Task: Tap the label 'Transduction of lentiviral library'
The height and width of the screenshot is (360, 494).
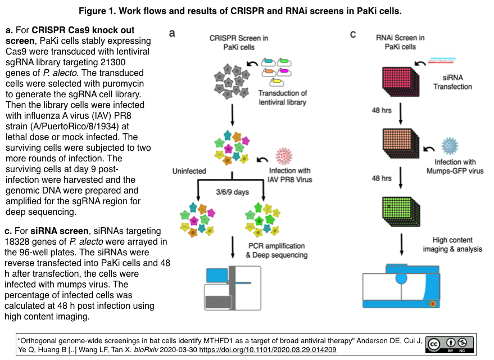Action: click(283, 97)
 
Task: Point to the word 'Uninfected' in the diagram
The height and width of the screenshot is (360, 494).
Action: click(189, 171)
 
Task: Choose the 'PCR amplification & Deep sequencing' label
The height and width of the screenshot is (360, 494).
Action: click(277, 250)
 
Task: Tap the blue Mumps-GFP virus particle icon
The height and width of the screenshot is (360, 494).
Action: click(451, 146)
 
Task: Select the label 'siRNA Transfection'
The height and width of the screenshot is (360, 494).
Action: click(452, 83)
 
